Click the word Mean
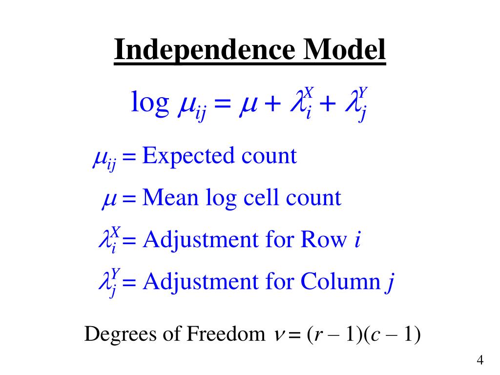tap(167, 198)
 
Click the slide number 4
tap(480, 361)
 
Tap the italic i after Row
tap(357, 240)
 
